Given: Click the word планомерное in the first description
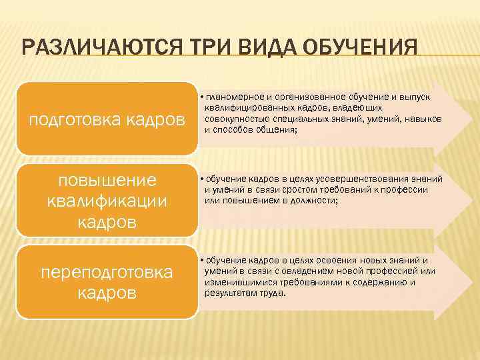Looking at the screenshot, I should coord(237,98).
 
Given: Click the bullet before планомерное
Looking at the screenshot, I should coord(201,98).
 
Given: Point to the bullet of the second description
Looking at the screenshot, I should coord(201,179).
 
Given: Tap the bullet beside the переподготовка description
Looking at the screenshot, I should coord(201,260).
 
